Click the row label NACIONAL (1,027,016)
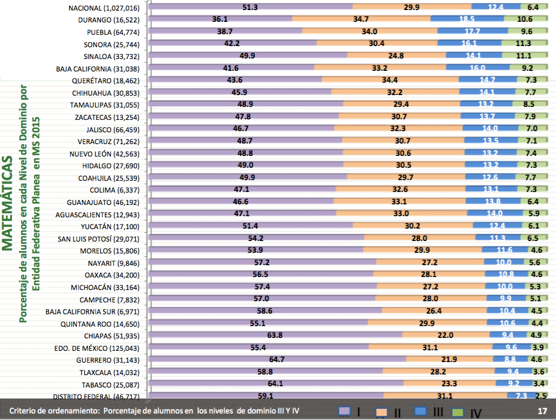[103, 7]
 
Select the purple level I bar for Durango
[221, 19]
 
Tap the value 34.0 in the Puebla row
[370, 31]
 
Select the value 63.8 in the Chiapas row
[275, 335]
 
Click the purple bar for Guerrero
[278, 359]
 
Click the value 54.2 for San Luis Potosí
[256, 238]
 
